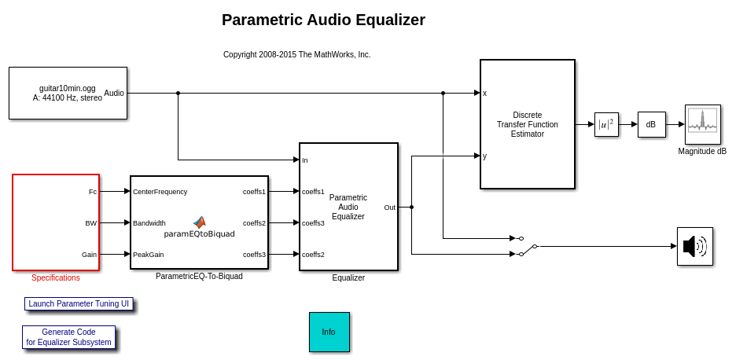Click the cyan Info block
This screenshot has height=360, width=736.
[329, 332]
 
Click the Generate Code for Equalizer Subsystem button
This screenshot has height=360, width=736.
[69, 337]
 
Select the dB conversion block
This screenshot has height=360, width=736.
[651, 124]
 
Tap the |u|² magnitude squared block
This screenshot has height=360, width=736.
[606, 124]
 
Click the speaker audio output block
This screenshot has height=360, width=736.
[694, 246]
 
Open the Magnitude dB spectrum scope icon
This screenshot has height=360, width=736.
[702, 124]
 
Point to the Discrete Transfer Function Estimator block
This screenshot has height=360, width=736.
[527, 124]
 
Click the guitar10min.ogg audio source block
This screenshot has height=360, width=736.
[68, 93]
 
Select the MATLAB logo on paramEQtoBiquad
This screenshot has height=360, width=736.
[200, 222]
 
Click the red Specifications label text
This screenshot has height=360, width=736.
[56, 277]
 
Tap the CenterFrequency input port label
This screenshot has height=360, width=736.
[160, 191]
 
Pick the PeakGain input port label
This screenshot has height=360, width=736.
[149, 254]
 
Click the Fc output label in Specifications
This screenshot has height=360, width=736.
[93, 191]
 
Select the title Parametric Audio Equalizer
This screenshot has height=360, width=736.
[323, 20]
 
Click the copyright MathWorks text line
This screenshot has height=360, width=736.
[296, 54]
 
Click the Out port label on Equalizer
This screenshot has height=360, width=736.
[389, 208]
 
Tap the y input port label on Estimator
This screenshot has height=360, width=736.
[485, 156]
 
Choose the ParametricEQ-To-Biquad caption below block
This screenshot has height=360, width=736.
[199, 276]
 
